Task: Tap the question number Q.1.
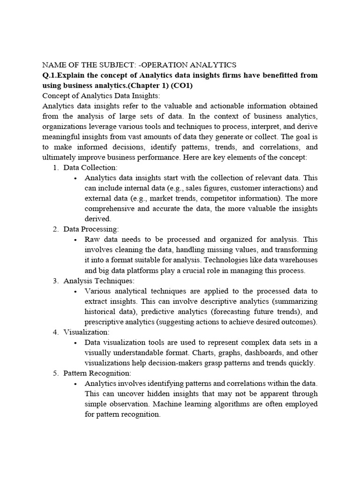point(50,75)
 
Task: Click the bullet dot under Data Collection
point(75,178)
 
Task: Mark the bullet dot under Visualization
point(75,343)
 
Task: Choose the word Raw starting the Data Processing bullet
point(92,240)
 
